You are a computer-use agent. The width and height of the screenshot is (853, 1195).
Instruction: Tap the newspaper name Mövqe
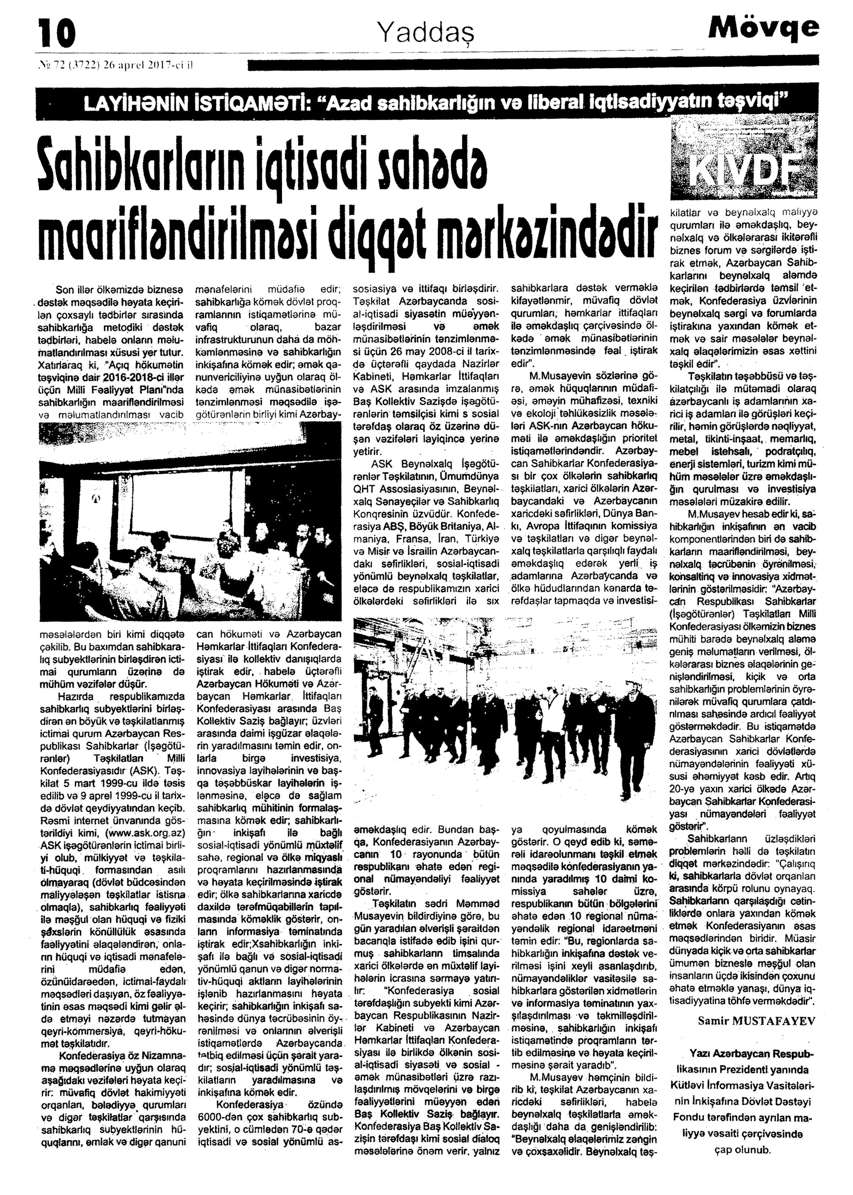(763, 27)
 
